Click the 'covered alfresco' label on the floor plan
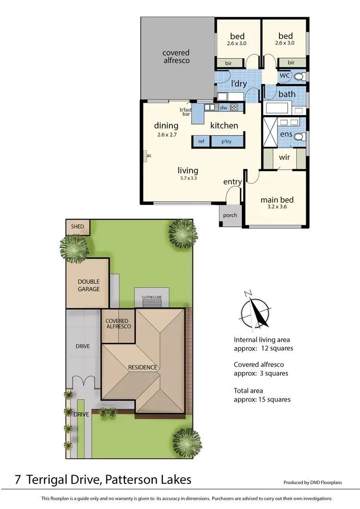176,57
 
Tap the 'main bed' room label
276,200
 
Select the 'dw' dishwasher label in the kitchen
223,108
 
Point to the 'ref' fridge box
201,142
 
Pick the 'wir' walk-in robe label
284,157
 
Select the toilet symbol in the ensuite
299,137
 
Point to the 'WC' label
284,76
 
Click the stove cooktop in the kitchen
234,108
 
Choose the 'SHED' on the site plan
77,227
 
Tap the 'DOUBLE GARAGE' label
89,286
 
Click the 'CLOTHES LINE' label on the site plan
152,298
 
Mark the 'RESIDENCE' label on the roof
143,367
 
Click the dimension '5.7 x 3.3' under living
188,178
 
